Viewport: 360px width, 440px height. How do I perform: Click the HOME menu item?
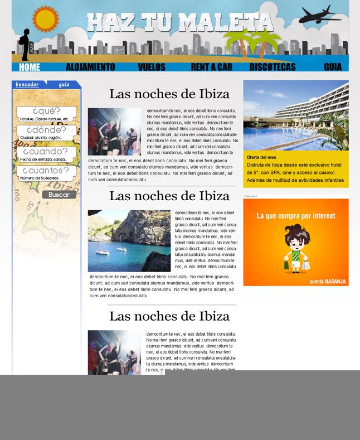(30, 67)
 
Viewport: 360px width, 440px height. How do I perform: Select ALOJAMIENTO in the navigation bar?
(90, 67)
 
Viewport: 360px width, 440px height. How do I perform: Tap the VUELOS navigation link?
(152, 67)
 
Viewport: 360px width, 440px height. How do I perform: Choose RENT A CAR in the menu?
(211, 67)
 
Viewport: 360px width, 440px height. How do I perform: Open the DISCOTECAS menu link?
(273, 67)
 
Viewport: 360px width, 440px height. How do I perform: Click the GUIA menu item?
(333, 67)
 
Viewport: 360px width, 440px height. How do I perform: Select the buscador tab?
(27, 85)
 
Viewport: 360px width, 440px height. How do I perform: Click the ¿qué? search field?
(46, 114)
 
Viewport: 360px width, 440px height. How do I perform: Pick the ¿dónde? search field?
(46, 133)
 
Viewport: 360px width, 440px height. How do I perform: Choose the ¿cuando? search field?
(46, 154)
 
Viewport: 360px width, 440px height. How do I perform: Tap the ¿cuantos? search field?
(46, 173)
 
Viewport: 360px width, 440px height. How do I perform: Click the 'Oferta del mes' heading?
(261, 157)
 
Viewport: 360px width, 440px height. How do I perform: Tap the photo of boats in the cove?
(129, 240)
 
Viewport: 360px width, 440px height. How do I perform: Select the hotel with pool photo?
(295, 115)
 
